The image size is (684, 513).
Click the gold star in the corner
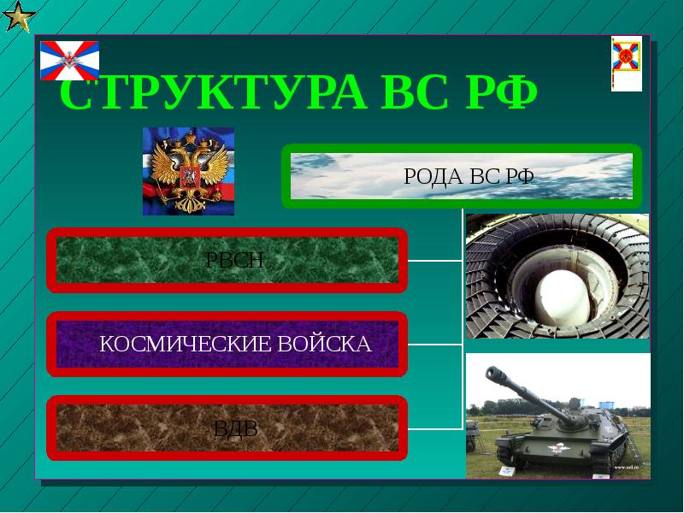coord(17,16)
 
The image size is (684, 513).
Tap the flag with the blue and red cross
coord(70,60)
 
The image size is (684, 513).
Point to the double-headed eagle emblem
coord(187,171)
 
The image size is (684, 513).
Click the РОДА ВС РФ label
coord(468,177)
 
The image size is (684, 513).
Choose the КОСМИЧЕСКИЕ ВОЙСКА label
coord(235,345)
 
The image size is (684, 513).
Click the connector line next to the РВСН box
coord(434,260)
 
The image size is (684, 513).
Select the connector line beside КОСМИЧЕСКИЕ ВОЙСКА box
coord(434,345)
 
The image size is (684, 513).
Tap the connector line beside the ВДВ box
coord(434,427)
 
